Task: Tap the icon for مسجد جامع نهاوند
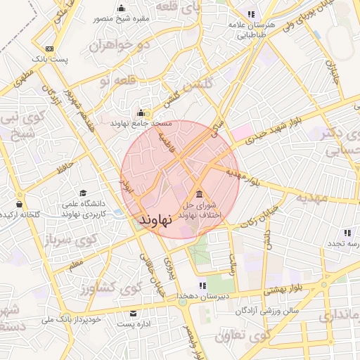coord(141,112)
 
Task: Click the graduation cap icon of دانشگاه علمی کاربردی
coord(83,193)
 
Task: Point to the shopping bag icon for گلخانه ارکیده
coord(19,204)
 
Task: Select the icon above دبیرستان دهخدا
coord(202,285)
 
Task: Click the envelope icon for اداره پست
coord(134,314)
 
